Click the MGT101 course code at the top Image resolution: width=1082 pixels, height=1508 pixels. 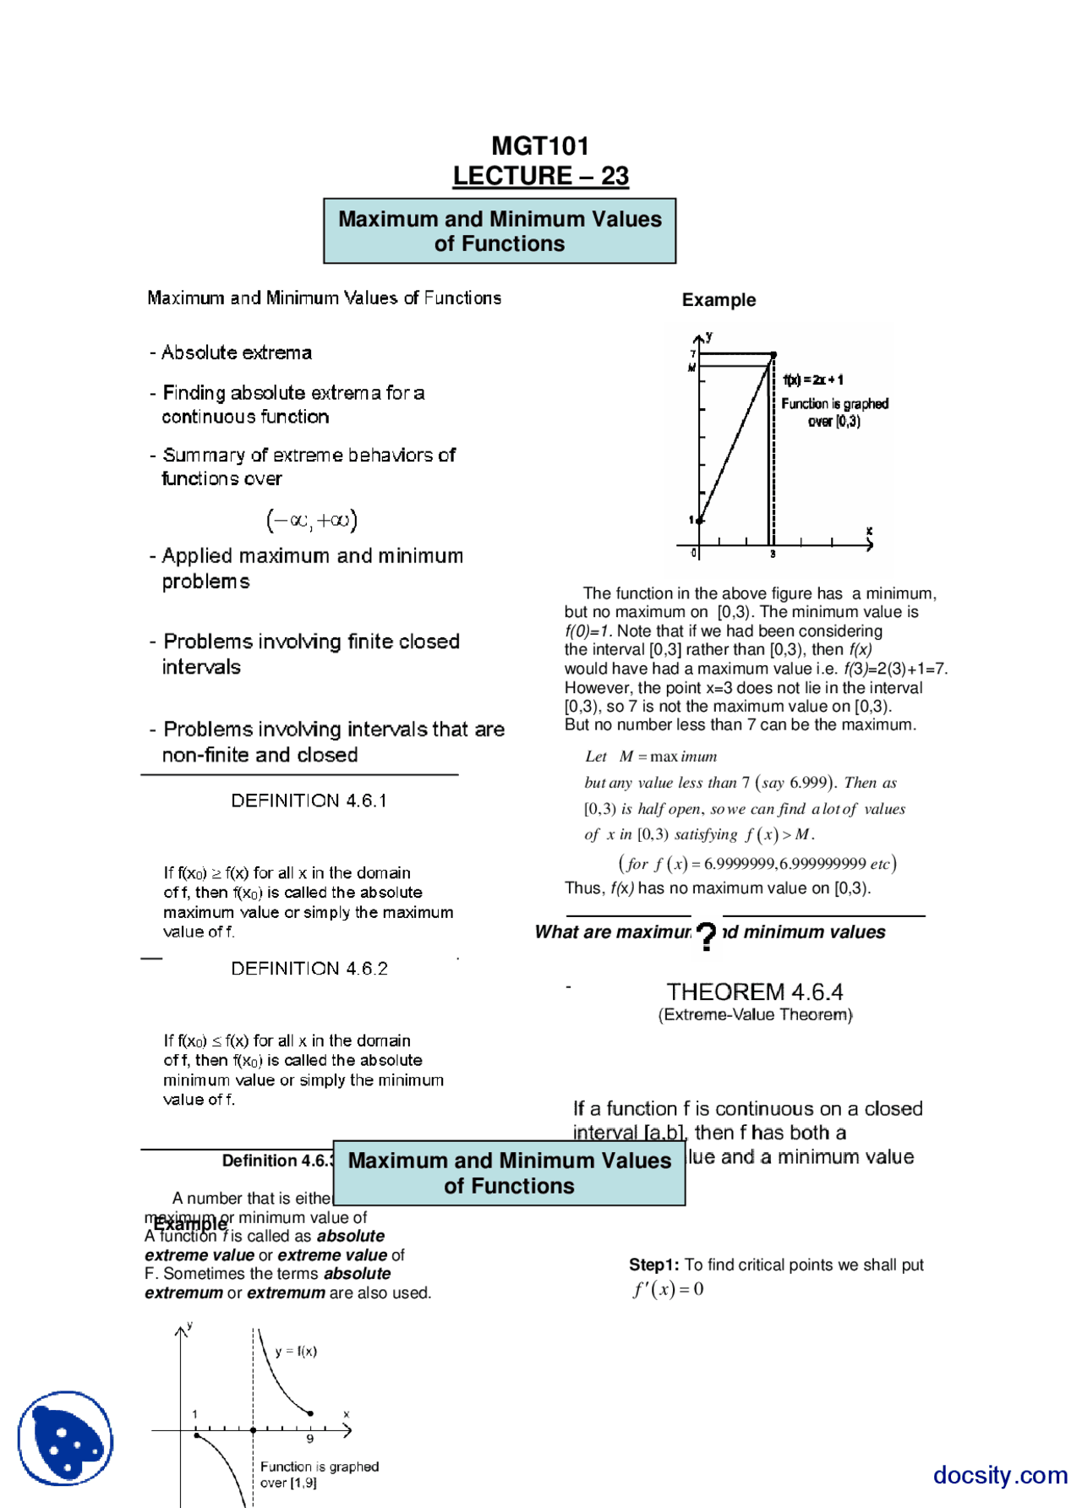tap(540, 146)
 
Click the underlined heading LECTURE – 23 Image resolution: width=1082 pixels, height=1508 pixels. tap(540, 176)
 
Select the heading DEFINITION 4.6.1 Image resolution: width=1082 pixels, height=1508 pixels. tap(309, 800)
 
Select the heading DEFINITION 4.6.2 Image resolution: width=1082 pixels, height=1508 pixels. tap(309, 969)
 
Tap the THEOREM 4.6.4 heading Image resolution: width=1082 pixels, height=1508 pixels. tap(754, 992)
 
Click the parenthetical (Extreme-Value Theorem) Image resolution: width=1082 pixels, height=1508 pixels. tap(755, 1014)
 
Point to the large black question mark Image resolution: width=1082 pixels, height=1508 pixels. tap(707, 936)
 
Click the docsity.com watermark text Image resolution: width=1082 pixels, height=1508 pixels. tap(1000, 1475)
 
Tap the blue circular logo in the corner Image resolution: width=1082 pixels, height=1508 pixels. tap(65, 1438)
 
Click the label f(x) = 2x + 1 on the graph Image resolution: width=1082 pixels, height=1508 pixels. tap(812, 380)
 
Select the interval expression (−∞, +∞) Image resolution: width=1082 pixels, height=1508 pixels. tap(312, 520)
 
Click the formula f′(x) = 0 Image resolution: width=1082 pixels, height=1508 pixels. tap(668, 1289)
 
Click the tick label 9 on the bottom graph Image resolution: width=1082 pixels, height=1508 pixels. tap(310, 1439)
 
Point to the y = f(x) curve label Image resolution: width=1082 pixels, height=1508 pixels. tap(296, 1351)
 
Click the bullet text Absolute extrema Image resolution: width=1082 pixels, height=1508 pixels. tap(236, 352)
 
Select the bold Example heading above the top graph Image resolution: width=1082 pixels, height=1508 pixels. tap(719, 300)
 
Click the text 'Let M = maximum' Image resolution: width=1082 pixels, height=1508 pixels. tap(651, 757)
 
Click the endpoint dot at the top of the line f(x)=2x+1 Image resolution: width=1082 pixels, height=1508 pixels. tap(773, 355)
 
